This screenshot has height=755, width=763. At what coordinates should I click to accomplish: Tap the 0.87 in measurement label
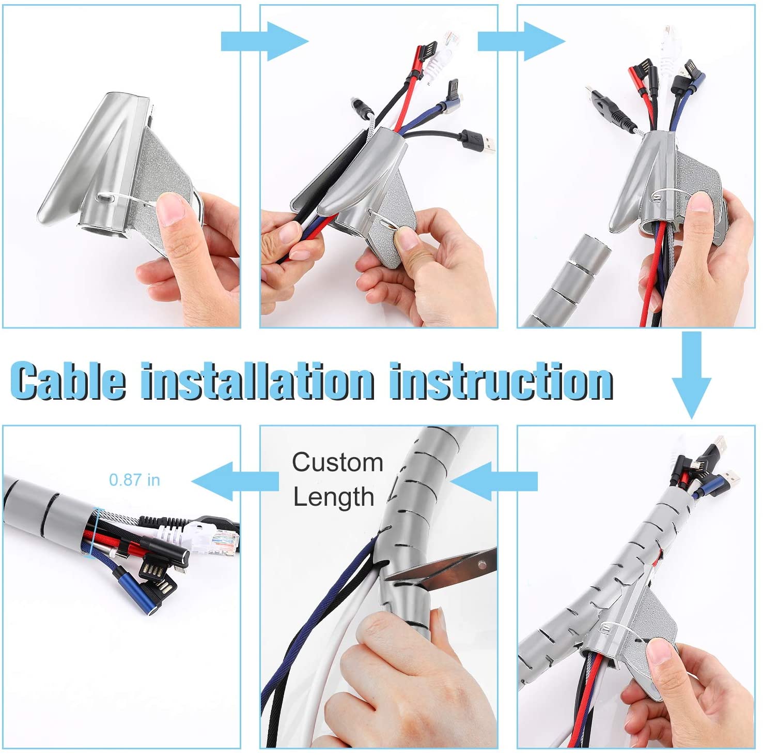134,480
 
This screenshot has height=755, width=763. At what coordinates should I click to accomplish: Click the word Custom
337,462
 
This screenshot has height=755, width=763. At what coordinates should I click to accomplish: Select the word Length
333,497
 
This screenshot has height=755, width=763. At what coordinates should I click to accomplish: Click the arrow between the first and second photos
264,41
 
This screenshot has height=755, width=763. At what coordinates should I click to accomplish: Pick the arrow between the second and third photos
521,41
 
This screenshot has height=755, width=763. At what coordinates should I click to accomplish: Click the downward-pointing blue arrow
691,374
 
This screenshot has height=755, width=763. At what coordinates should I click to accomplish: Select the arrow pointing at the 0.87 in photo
235,481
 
